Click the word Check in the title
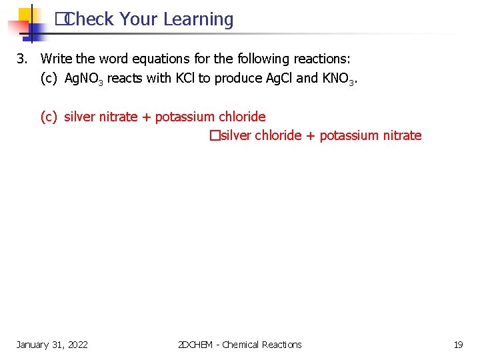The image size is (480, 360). pos(91,20)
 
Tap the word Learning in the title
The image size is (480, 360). pos(198,20)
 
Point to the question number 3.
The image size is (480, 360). pos(21,59)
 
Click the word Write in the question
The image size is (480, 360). pos(56,59)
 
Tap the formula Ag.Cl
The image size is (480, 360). pos(279,78)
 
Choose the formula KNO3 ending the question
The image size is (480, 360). pos(339,79)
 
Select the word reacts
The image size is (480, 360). pos(125,78)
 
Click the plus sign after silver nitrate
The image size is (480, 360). pos(147,117)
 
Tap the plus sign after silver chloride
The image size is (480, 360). pos(311,136)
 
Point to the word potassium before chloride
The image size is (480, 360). pos(185,117)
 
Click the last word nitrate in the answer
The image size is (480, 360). pos(402,136)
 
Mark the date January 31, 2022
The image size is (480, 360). pos(52,345)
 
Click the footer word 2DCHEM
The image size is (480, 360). pos(196,345)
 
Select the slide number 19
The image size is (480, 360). pos(458,345)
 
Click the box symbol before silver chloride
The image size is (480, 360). pos(213,136)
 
